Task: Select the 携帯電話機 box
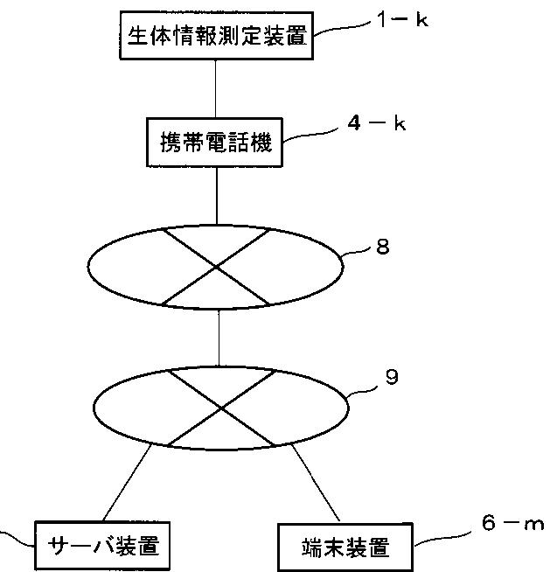(x=217, y=141)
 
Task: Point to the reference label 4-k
(x=377, y=123)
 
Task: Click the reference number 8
(x=382, y=247)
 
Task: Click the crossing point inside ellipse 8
(x=218, y=266)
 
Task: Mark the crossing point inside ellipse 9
(x=221, y=408)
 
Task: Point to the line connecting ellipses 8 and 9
(x=218, y=336)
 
